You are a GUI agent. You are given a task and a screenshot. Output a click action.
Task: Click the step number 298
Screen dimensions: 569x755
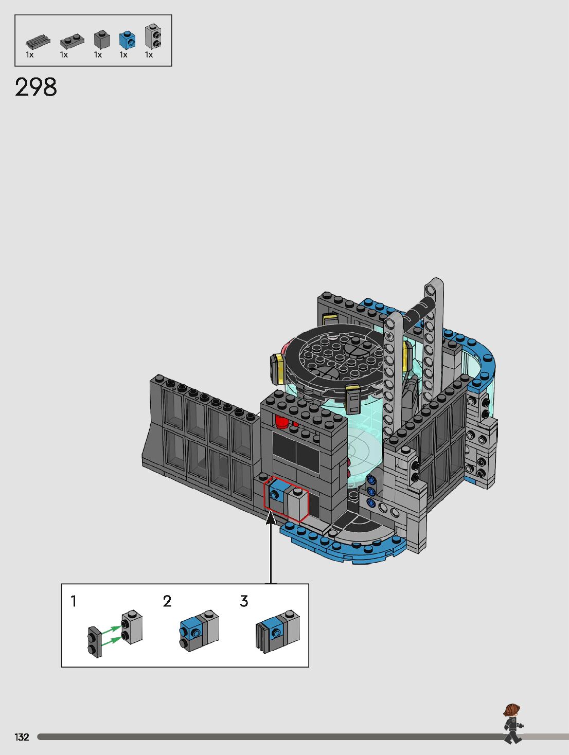point(36,87)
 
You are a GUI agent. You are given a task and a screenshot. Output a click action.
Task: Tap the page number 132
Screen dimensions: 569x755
point(22,737)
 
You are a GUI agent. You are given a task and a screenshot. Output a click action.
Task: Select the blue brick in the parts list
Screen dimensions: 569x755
point(127,40)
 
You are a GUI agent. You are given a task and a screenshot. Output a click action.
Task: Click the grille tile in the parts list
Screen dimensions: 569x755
point(38,42)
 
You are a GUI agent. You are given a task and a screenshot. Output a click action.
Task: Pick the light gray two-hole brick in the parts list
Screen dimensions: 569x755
point(153,36)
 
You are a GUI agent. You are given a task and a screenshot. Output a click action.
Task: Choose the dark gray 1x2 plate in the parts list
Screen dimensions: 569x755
point(72,41)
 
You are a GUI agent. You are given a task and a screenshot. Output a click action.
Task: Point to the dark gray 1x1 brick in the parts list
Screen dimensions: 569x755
point(102,40)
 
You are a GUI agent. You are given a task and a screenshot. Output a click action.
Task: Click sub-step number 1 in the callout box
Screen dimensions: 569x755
point(73,601)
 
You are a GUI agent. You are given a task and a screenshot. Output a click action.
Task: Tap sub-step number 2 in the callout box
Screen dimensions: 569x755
point(167,601)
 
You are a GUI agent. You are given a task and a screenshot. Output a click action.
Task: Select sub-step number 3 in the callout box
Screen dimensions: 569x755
point(244,601)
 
